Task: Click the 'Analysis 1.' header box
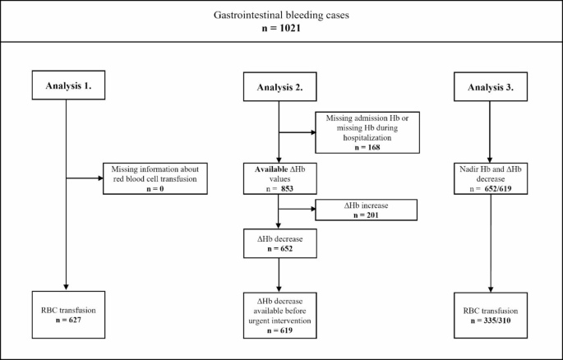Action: click(x=64, y=83)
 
